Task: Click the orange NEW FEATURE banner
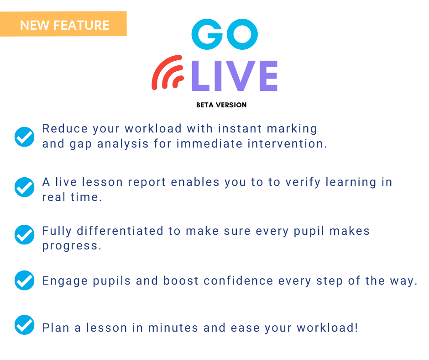coord(63,24)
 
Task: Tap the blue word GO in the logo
coord(225,34)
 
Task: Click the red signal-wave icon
coord(167,73)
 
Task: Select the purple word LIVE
coord(235,76)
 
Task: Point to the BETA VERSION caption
coord(221,105)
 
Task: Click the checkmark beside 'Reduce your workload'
coord(24,137)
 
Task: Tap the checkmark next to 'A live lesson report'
coord(24,187)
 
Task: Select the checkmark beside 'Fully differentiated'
coord(24,234)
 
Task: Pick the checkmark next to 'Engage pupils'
coord(24,280)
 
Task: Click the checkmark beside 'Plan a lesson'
coord(24,325)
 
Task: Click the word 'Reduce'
coord(65,128)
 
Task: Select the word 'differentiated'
coord(120,231)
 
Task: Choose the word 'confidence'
coord(238,281)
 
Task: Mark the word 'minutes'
coord(173,328)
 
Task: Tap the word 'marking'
coord(292,129)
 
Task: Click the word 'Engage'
coord(65,281)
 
